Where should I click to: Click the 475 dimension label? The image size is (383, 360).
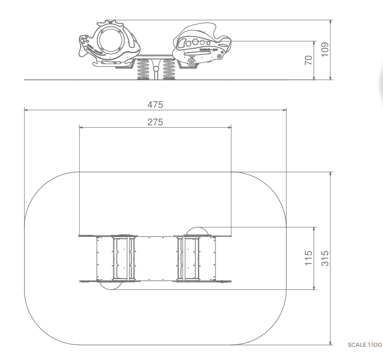155,105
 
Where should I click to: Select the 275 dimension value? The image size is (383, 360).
155,122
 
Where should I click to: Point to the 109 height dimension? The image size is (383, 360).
325,50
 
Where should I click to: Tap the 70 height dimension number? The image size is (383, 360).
309,60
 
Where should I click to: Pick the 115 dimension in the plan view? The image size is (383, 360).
309,258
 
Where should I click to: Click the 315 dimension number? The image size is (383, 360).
325,258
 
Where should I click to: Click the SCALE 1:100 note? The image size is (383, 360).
365,345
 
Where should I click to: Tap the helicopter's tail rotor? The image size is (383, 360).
85,40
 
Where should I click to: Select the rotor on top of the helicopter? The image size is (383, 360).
110,23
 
